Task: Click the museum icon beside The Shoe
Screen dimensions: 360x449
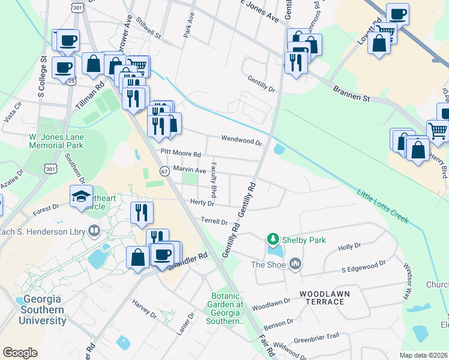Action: click(295, 264)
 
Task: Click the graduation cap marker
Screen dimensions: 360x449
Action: click(81, 196)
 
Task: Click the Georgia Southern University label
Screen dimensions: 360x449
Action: click(41, 310)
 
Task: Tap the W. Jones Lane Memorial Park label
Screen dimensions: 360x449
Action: click(56, 141)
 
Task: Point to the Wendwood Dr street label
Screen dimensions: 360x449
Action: click(242, 139)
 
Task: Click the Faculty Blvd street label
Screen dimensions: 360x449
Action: click(213, 179)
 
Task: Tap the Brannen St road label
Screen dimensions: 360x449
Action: click(352, 94)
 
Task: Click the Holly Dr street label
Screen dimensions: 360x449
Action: click(349, 247)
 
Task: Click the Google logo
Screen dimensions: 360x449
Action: click(20, 352)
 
